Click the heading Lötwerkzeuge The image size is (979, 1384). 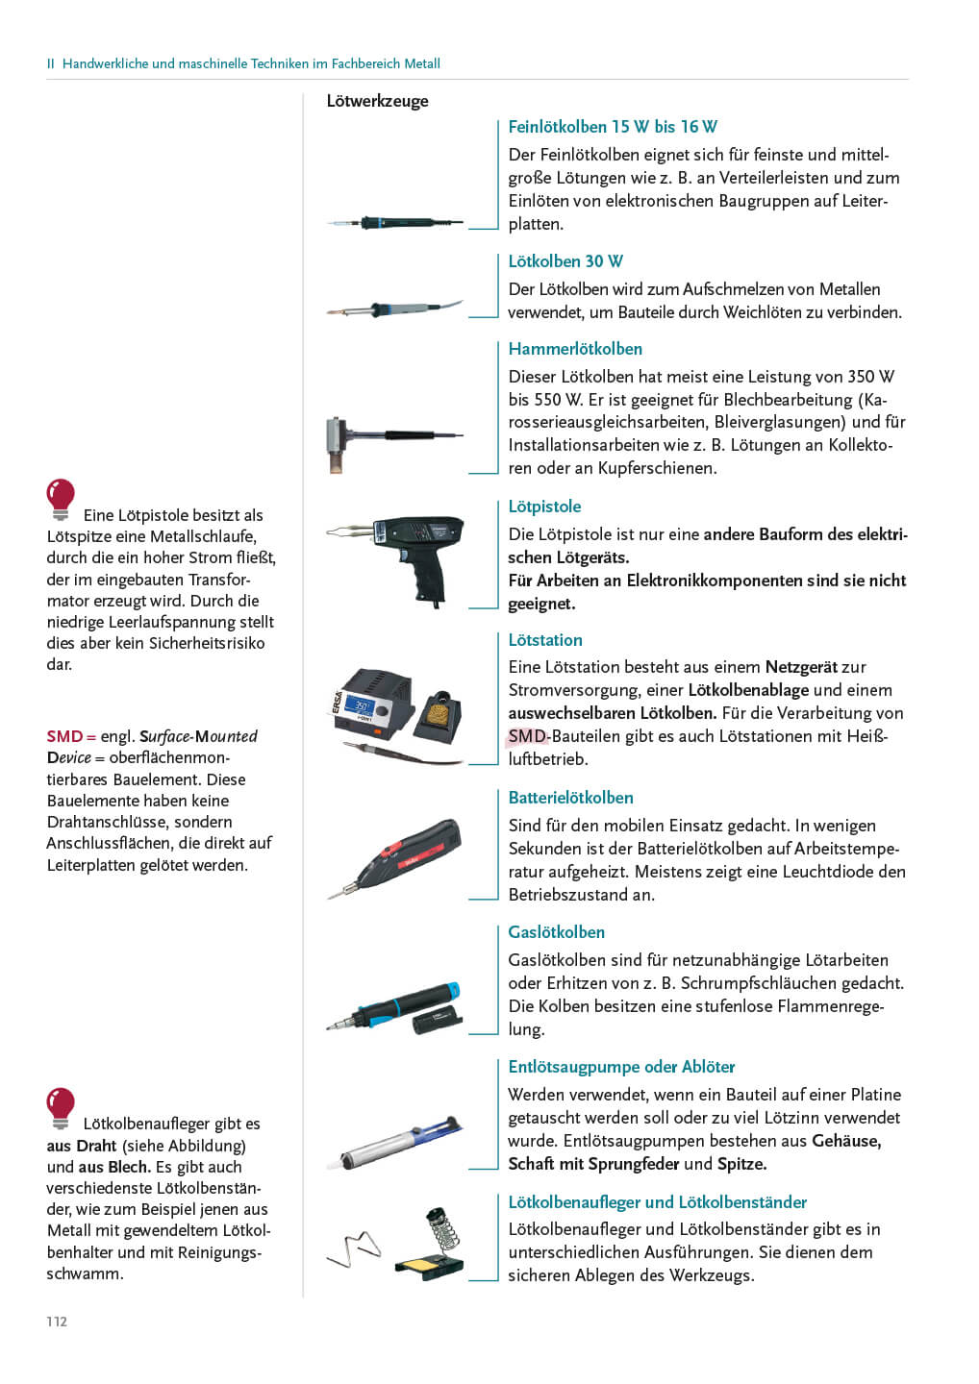click(377, 101)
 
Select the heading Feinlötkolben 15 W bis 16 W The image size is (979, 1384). click(613, 127)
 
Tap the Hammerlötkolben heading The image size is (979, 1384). click(575, 349)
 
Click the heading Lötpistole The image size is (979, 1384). click(544, 507)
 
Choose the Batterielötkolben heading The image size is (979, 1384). click(570, 798)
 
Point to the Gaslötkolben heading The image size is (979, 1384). click(556, 932)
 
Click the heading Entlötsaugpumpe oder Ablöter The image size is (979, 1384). click(621, 1067)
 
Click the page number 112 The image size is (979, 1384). click(57, 1322)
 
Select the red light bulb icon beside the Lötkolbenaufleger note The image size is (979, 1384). click(61, 1107)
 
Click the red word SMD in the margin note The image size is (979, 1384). click(64, 736)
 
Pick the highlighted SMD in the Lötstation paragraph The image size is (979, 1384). click(527, 736)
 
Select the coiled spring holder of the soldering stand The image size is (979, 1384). click(439, 1230)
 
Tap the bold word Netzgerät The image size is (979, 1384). click(801, 667)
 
